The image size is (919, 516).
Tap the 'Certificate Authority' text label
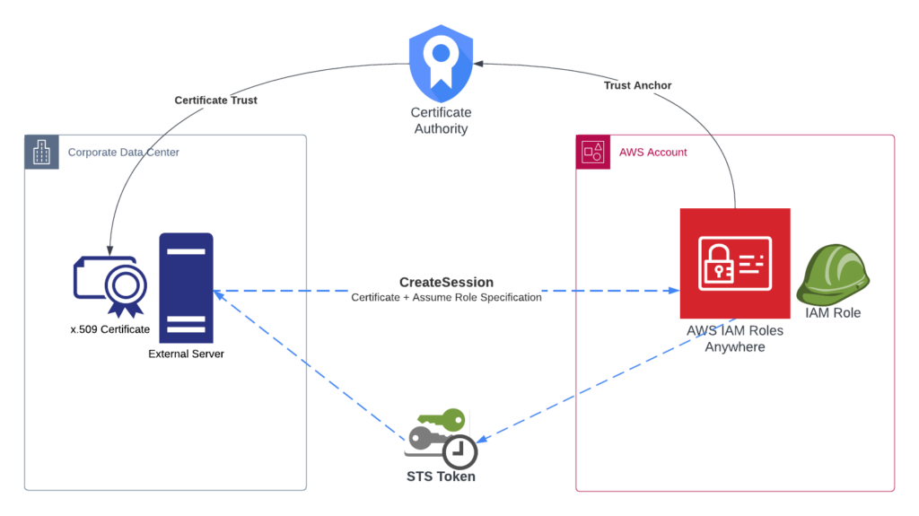pyautogui.click(x=441, y=120)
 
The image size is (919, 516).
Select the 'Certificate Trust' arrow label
pyautogui.click(x=215, y=101)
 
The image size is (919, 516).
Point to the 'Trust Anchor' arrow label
pyautogui.click(x=637, y=85)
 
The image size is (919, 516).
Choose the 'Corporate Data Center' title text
pyautogui.click(x=124, y=153)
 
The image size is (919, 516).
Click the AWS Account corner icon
pyautogui.click(x=593, y=153)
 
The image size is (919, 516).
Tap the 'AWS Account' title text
pyautogui.click(x=653, y=153)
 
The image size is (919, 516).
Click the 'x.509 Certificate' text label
pyautogui.click(x=110, y=329)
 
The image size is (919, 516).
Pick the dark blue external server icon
pyautogui.click(x=186, y=287)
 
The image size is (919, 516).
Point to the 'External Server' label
pyautogui.click(x=186, y=354)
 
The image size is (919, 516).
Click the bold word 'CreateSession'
pyautogui.click(x=446, y=283)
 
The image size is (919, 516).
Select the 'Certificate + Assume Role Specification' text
pyautogui.click(x=446, y=297)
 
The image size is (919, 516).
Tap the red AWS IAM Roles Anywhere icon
pyautogui.click(x=734, y=263)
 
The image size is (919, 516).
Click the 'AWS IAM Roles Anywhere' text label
pyautogui.click(x=734, y=338)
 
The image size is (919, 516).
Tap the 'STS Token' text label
pyautogui.click(x=441, y=477)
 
